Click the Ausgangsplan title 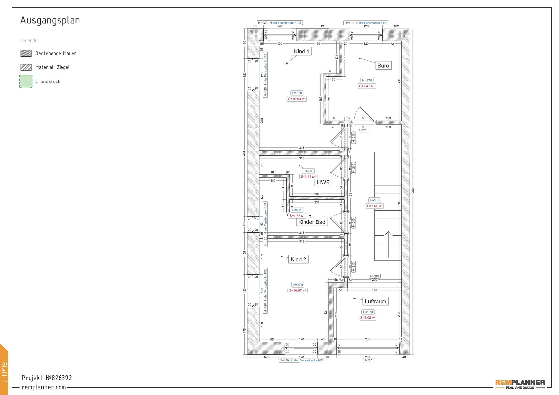point(50,20)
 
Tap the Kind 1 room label point(301,51)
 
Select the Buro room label point(383,66)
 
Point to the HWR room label point(323,182)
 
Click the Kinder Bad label point(311,222)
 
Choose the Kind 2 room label point(298,259)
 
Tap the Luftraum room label point(375,301)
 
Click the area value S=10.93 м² point(297,99)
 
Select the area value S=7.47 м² point(367,86)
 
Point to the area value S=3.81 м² point(308,177)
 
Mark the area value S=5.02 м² point(368,318)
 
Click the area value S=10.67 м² point(298,290)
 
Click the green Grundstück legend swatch point(26,81)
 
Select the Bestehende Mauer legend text point(56,53)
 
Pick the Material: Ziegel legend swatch point(26,67)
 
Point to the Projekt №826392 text point(47,378)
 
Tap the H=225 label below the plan point(368,360)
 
